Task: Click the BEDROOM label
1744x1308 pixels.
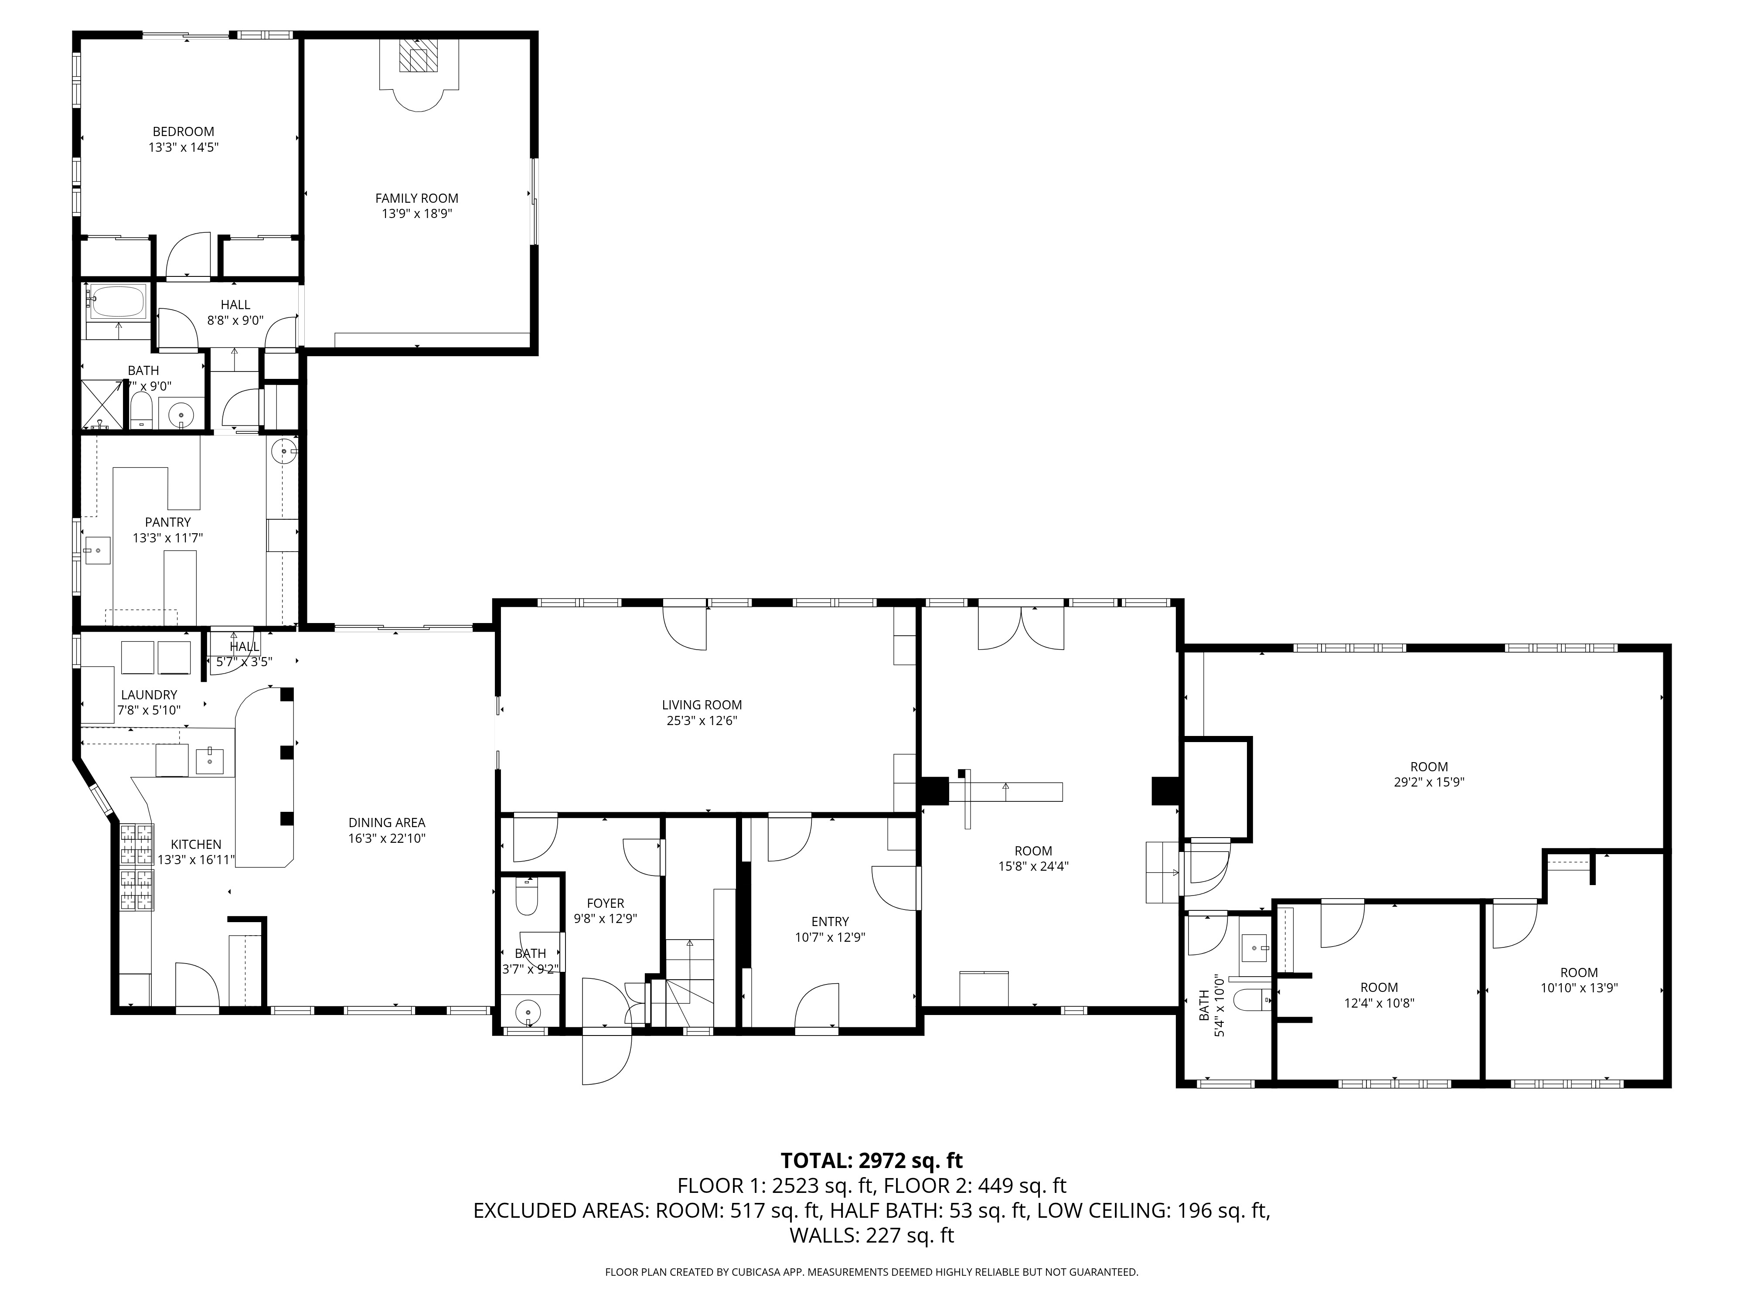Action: pyautogui.click(x=183, y=132)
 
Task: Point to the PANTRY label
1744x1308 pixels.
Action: pyautogui.click(x=167, y=522)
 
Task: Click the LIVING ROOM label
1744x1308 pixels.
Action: pyautogui.click(x=701, y=705)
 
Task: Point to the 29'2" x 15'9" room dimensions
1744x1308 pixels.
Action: pyautogui.click(x=1429, y=782)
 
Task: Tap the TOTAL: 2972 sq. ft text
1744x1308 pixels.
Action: pyautogui.click(x=871, y=1161)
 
